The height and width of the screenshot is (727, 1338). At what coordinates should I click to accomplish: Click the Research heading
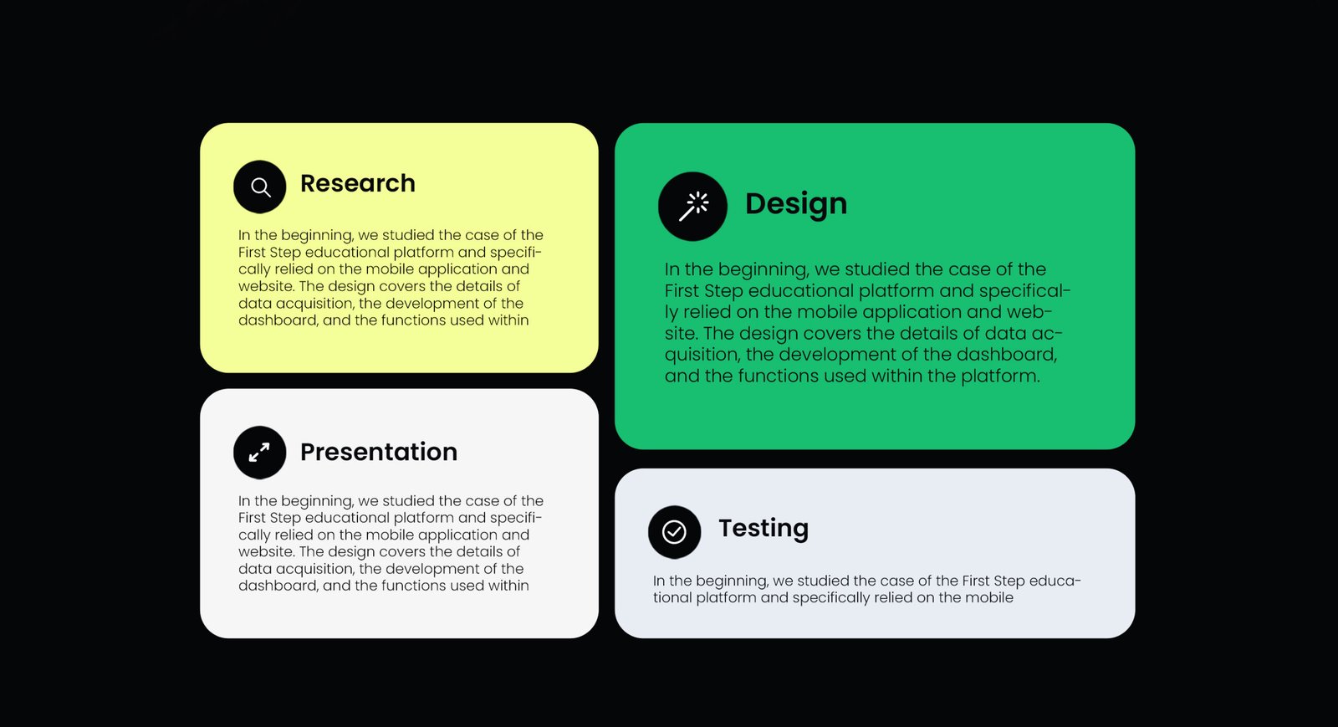click(357, 183)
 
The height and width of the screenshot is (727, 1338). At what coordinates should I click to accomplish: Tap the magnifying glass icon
click(260, 187)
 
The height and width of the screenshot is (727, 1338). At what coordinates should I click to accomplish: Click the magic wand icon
click(693, 207)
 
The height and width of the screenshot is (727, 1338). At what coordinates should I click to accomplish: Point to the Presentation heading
click(379, 453)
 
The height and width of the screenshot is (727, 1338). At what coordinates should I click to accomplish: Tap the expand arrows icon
click(259, 453)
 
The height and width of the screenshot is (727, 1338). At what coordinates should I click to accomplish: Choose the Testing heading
click(763, 529)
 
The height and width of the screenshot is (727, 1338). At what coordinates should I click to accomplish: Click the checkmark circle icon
click(674, 532)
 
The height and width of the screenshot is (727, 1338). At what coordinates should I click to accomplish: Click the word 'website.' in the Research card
click(266, 286)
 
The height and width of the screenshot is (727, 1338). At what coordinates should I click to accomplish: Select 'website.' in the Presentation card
click(266, 551)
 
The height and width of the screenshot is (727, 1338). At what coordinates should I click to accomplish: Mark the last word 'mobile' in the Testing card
click(989, 598)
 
